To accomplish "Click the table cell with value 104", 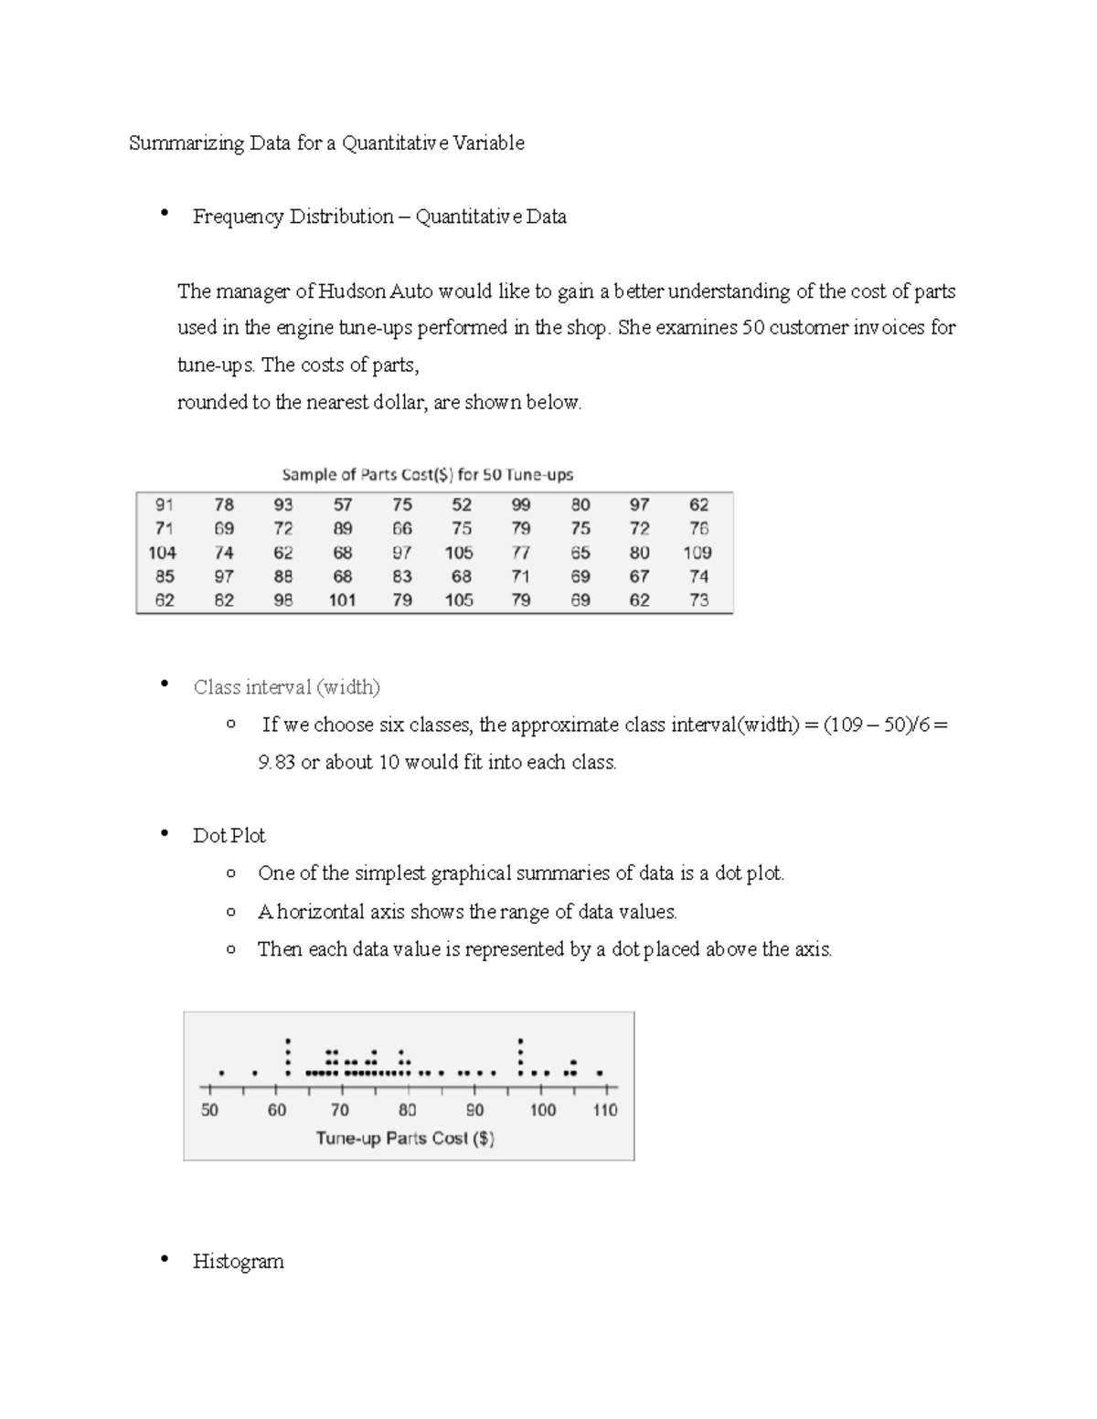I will [x=163, y=553].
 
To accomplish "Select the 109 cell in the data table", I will [x=698, y=553].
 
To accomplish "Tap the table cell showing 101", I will [x=342, y=600].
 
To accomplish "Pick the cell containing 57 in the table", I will [x=342, y=504].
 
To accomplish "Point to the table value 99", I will [x=520, y=504].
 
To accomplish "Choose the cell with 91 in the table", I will [x=164, y=504].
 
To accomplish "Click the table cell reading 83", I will [x=401, y=577].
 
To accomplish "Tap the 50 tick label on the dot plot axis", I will [x=209, y=1110].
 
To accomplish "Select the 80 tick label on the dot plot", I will [x=407, y=1110].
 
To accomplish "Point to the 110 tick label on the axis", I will [x=605, y=1110].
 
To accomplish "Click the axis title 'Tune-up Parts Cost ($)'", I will [x=405, y=1138].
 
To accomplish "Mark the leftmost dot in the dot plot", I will [x=221, y=1073].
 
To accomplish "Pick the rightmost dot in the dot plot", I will [x=600, y=1073].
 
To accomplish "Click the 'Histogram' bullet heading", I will [x=238, y=1262].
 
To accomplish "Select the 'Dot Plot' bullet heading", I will [x=229, y=836].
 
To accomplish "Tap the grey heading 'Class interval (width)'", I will [x=286, y=687].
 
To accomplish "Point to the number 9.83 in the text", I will [x=277, y=762].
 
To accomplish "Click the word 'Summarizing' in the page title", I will [x=186, y=143].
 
